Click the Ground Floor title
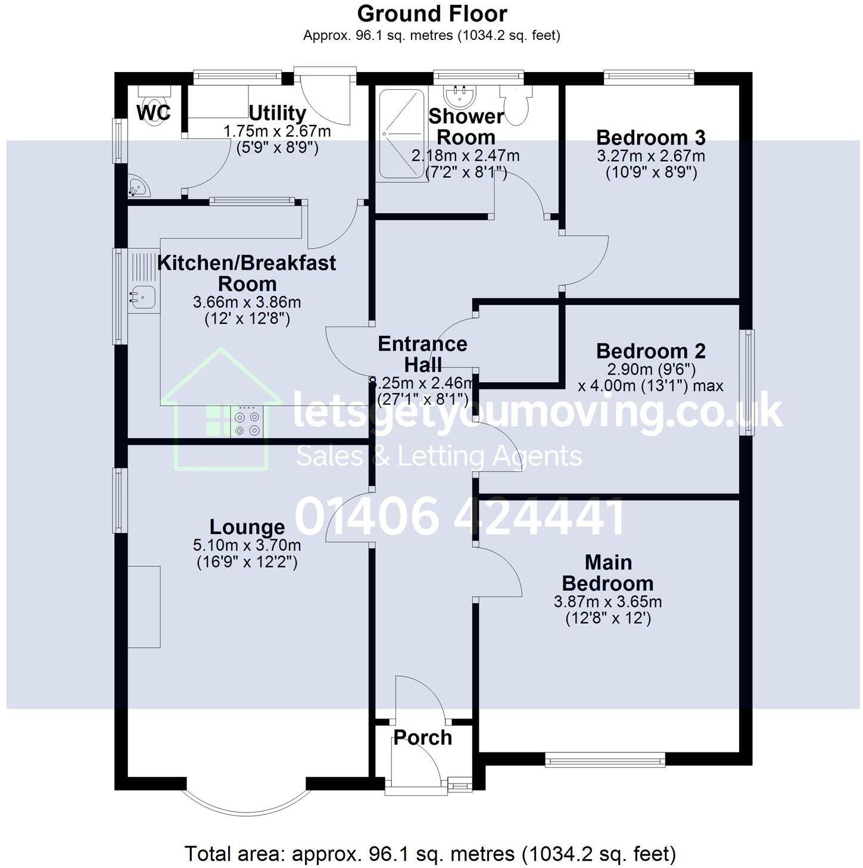click(x=432, y=14)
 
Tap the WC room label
click(x=154, y=113)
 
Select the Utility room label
click(x=277, y=113)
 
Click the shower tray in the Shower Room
click(x=402, y=134)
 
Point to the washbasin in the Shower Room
click(x=459, y=94)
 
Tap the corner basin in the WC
click(x=138, y=186)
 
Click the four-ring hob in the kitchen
click(x=247, y=423)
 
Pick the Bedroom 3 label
click(x=650, y=138)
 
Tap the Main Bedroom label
click(x=607, y=572)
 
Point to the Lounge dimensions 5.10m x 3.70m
click(x=247, y=545)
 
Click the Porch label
click(x=422, y=738)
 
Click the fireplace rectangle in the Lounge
click(x=144, y=607)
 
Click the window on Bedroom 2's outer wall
click(x=746, y=382)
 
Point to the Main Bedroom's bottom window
click(x=605, y=759)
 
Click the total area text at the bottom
click(x=430, y=854)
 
